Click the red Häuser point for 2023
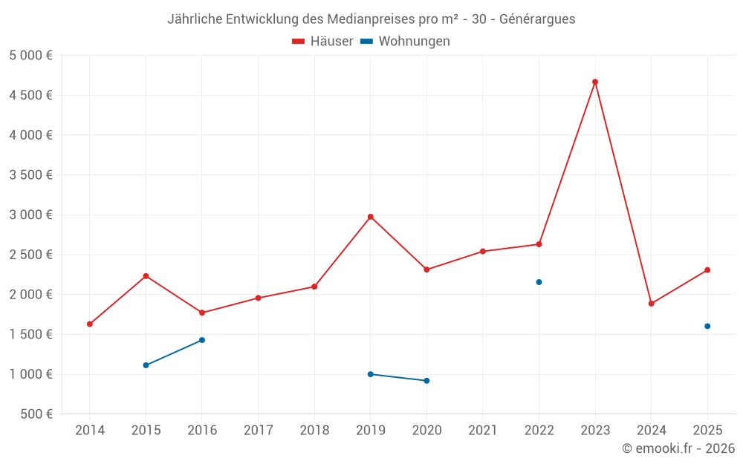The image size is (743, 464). coord(595,82)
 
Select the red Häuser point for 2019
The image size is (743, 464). coord(371,217)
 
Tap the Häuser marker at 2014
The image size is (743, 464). coord(90,324)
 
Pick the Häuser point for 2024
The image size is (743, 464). coord(652,304)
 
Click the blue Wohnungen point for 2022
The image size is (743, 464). coord(539,282)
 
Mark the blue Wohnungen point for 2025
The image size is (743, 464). coord(707,326)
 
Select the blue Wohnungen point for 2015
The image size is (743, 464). coord(146,365)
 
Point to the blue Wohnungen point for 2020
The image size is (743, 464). coord(426,381)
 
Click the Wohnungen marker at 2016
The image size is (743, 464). coord(202,340)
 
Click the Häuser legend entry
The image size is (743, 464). coord(322,42)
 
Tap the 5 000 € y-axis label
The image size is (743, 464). coord(30,55)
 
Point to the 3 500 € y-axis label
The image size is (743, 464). coord(30,175)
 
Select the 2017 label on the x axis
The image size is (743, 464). coord(258,430)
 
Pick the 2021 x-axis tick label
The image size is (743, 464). coord(483,430)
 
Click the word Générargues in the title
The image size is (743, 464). coord(537,19)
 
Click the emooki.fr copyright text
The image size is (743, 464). coord(678,448)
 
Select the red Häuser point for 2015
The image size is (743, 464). coord(146,276)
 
